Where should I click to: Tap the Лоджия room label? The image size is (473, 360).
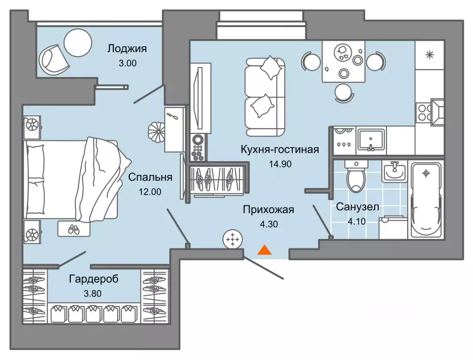(x=127, y=48)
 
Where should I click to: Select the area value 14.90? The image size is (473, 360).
(x=279, y=165)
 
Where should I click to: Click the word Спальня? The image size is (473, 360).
(x=150, y=177)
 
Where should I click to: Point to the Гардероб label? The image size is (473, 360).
(x=93, y=279)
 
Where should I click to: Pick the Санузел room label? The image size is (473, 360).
(x=357, y=206)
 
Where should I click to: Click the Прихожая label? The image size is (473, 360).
(x=268, y=210)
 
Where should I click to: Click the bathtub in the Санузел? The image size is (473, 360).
(x=426, y=201)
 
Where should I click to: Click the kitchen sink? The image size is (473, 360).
(x=370, y=140)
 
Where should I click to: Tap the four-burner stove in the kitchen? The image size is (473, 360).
(x=424, y=112)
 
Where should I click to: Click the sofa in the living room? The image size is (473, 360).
(x=265, y=94)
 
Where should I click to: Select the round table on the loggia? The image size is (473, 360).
(x=78, y=43)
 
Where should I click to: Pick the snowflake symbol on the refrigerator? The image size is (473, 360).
(x=429, y=55)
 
